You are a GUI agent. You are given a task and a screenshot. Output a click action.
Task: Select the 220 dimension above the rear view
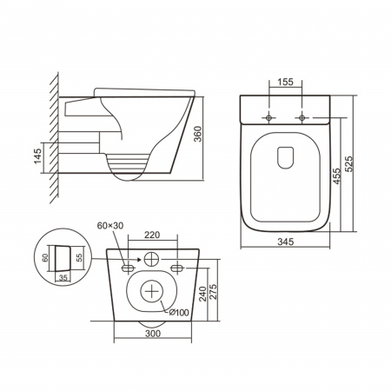pyautogui.click(x=153, y=235)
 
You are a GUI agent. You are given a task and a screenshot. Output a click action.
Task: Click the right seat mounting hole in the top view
pyautogui.click(x=300, y=116)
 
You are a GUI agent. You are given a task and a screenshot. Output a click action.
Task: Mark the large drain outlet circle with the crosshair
pyautogui.click(x=153, y=290)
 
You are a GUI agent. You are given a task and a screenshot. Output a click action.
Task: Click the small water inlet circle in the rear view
pyautogui.click(x=153, y=258)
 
